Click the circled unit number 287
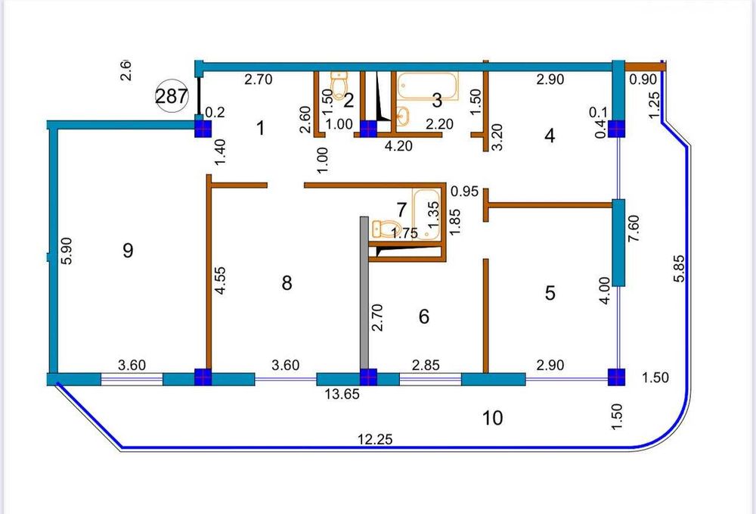coord(172,96)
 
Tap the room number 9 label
coord(128,250)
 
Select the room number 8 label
coord(286,283)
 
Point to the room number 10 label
coord(492,418)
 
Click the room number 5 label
coord(550,293)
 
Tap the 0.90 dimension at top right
coord(643,79)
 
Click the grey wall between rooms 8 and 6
coord(364,295)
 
